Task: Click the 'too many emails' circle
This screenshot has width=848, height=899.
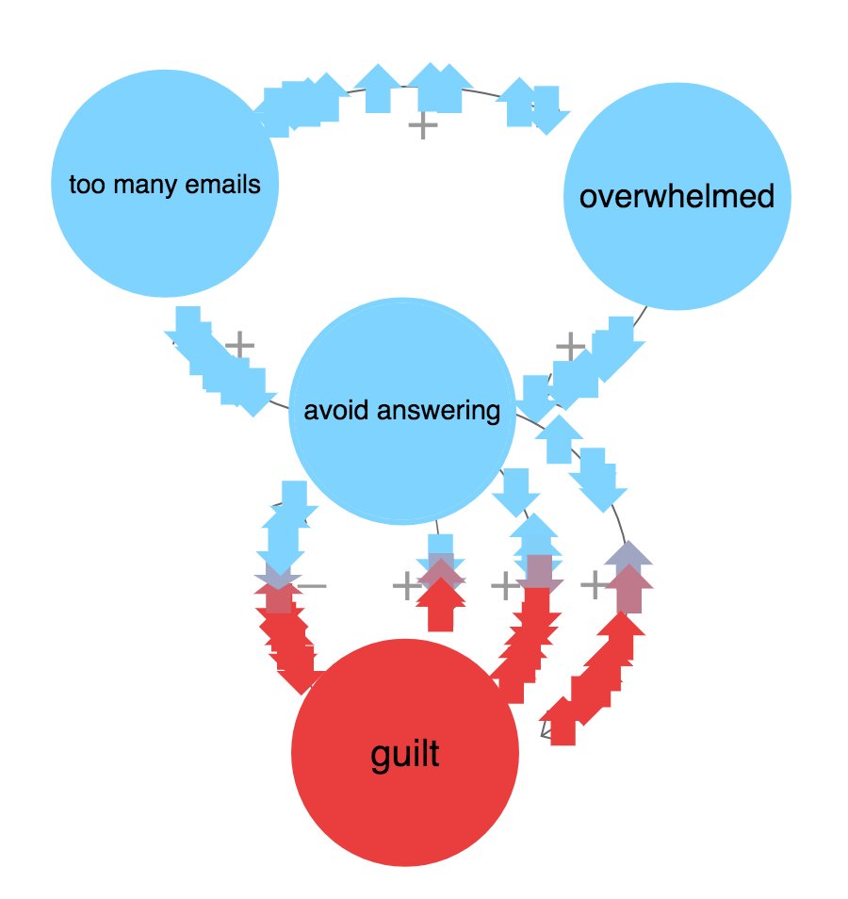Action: [x=165, y=184]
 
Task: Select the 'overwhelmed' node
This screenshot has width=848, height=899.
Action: [x=677, y=197]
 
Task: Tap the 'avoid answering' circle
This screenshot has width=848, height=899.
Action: [x=402, y=411]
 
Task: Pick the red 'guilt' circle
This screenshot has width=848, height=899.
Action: [x=405, y=754]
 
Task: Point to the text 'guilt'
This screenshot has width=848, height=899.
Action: [x=405, y=754]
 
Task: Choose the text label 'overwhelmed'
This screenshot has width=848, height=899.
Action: [x=677, y=197]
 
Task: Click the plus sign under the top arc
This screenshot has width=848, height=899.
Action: [x=423, y=124]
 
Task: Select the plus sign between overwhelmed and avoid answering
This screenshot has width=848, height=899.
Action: [x=569, y=346]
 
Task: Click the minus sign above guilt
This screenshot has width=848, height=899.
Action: [x=313, y=586]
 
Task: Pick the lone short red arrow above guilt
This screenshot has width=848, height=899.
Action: [x=441, y=606]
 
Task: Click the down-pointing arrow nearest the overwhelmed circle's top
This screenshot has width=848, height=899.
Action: [x=548, y=107]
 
